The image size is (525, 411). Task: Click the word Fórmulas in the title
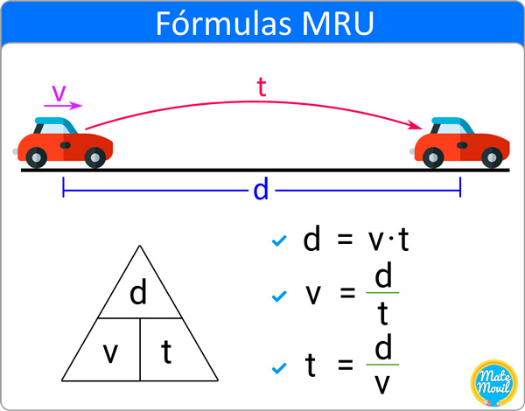pos(223,23)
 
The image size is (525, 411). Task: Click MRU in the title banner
pos(338,24)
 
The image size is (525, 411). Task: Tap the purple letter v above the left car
pos(59,93)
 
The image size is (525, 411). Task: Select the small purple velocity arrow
pos(63,106)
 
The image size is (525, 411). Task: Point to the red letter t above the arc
pos(262,87)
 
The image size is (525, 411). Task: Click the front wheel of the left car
pos(95,157)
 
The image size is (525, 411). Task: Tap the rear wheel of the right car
pos(433,157)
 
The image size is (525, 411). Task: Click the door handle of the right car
pos(462,145)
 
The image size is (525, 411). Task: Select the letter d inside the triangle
pos(138,293)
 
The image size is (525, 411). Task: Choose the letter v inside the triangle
pos(110,353)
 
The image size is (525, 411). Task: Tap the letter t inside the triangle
pos(166,352)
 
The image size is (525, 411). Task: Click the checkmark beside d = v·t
pos(279,240)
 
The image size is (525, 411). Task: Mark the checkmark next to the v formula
pos(279,296)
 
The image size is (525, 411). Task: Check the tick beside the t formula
pos(279,368)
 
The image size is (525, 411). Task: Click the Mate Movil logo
pos(494,382)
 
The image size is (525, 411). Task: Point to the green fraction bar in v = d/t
pos(382,293)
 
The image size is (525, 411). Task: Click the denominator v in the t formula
pos(382,385)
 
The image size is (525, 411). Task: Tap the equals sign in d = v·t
pos(345,240)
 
